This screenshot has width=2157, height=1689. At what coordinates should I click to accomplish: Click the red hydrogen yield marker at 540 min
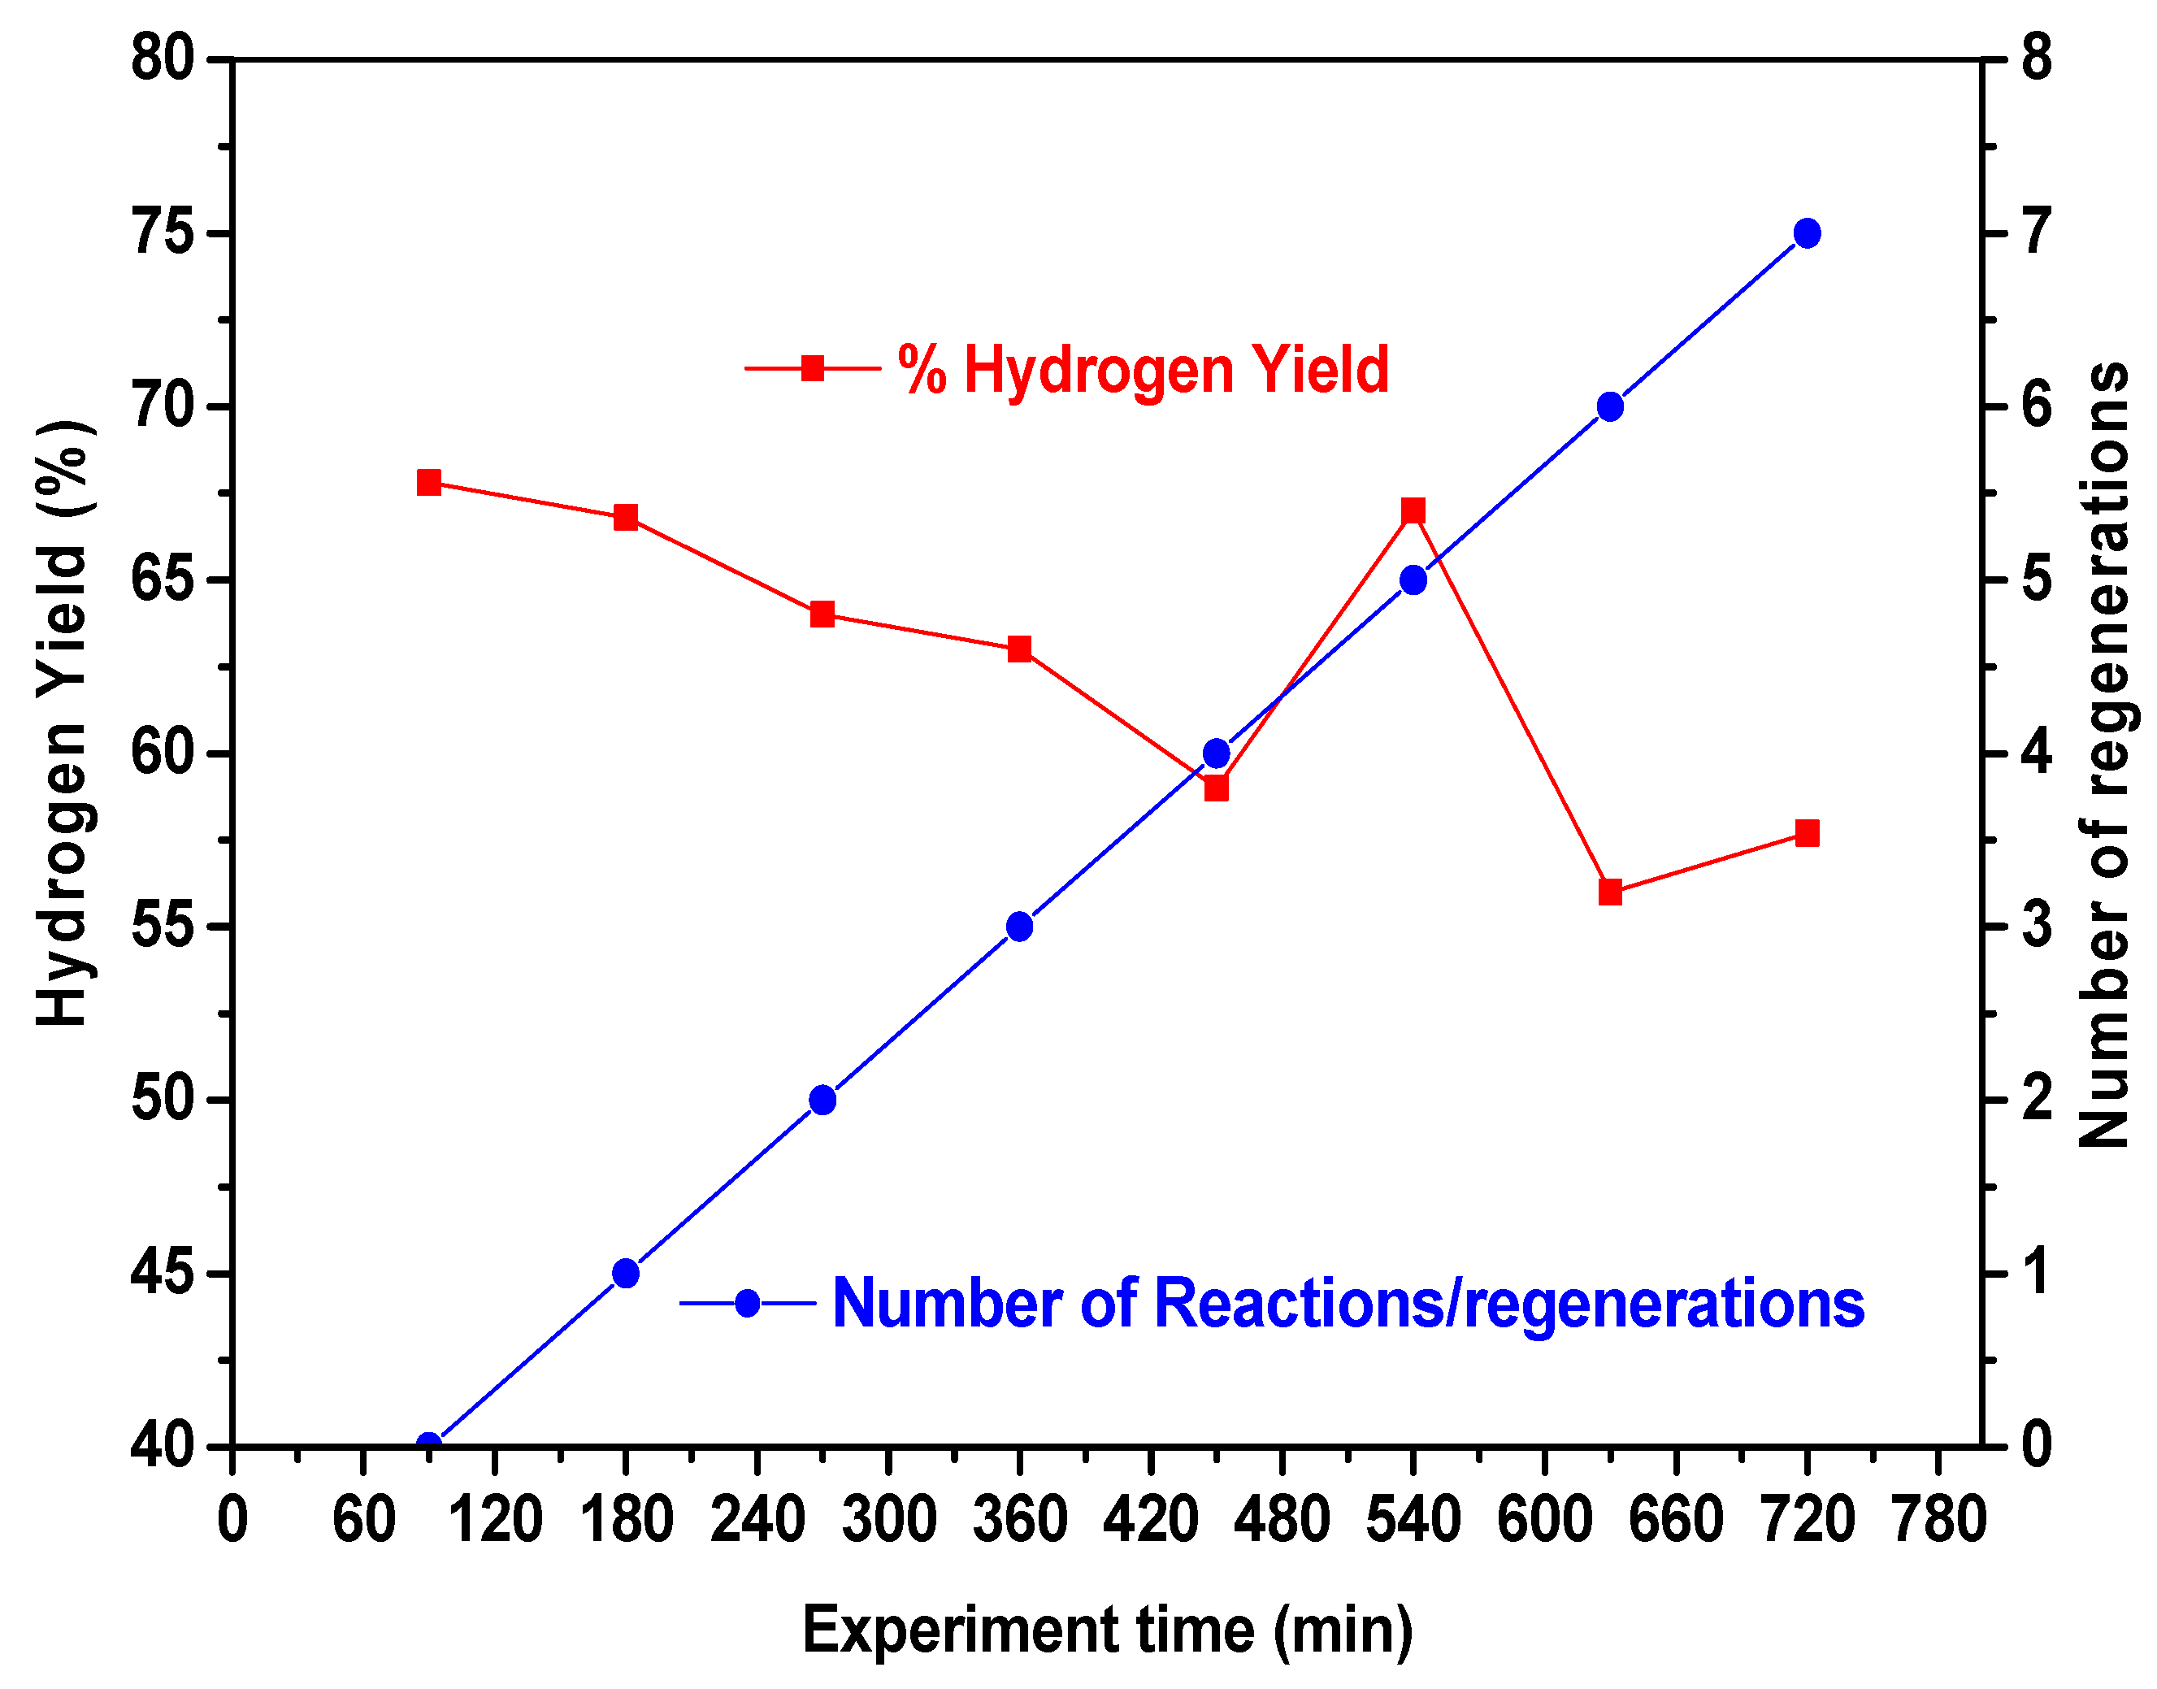(1413, 511)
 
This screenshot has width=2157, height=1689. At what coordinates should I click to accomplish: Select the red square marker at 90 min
(428, 483)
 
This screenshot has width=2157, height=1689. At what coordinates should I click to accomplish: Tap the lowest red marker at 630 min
(1610, 892)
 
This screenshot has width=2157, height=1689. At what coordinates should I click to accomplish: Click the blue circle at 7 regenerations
(1807, 233)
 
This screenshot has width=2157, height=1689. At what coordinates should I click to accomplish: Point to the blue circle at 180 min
(626, 1273)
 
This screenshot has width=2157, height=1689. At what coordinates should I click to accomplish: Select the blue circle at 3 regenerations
(1019, 927)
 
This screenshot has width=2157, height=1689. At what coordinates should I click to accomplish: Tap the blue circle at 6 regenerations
(1610, 406)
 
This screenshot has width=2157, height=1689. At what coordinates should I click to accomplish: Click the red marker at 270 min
(822, 614)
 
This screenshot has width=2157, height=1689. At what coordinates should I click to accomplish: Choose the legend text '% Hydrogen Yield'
(1143, 370)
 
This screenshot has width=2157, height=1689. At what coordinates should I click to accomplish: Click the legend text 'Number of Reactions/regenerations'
(1348, 1304)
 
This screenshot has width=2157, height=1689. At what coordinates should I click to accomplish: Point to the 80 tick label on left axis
(163, 59)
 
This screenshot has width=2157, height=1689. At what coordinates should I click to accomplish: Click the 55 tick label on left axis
(163, 927)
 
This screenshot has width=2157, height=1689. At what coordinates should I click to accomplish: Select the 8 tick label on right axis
(2038, 59)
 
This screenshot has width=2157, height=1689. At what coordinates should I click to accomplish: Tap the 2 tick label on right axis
(2038, 1100)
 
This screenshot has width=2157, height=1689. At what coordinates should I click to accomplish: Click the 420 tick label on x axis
(1151, 1520)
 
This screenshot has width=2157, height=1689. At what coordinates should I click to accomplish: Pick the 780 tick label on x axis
(1938, 1520)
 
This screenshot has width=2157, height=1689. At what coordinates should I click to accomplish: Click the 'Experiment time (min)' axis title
(1107, 1630)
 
